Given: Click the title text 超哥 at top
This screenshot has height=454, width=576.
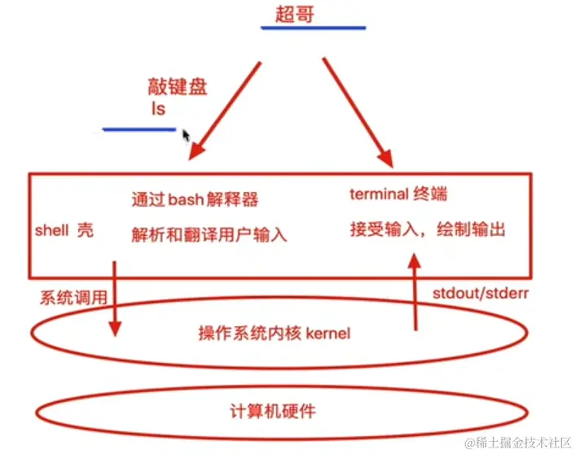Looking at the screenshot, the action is (x=295, y=15).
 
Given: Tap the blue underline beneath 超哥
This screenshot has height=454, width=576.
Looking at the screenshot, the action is (x=312, y=28).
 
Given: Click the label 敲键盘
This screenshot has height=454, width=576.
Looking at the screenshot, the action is (x=177, y=87).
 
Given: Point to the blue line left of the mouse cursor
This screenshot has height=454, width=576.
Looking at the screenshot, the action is (x=139, y=129).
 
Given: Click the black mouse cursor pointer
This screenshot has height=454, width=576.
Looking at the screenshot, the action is (x=187, y=135).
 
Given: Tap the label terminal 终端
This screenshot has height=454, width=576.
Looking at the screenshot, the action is (x=398, y=194).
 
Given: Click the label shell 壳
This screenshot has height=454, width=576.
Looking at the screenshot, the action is (x=64, y=230).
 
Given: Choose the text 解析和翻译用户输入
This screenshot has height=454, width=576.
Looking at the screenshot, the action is (x=209, y=235).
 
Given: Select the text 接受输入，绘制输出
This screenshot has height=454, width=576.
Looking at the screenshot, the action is (x=427, y=230).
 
